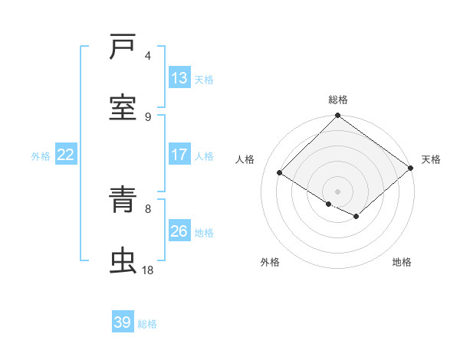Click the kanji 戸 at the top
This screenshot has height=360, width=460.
tap(123, 47)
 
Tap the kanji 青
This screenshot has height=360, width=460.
tap(123, 201)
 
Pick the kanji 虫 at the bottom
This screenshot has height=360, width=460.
tap(123, 261)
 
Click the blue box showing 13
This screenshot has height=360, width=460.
tap(179, 78)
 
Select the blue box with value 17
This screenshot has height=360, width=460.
tap(179, 155)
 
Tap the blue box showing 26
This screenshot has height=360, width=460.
tap(179, 231)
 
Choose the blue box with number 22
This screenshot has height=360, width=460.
tap(66, 155)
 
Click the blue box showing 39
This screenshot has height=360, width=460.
tap(123, 322)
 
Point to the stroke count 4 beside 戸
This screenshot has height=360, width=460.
tap(148, 56)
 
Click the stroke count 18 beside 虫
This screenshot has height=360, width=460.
tap(148, 270)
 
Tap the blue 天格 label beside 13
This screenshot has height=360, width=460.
tap(204, 79)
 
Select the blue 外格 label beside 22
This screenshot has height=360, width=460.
tap(41, 155)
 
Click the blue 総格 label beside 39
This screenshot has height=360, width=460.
tap(147, 324)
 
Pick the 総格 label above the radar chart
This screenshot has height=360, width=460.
tap(338, 100)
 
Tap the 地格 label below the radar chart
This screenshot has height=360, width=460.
tap(402, 262)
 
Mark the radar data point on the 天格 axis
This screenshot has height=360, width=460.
tap(412, 168)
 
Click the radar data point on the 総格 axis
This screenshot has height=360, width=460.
tap(338, 116)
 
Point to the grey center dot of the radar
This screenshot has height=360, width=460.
tap(338, 191)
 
